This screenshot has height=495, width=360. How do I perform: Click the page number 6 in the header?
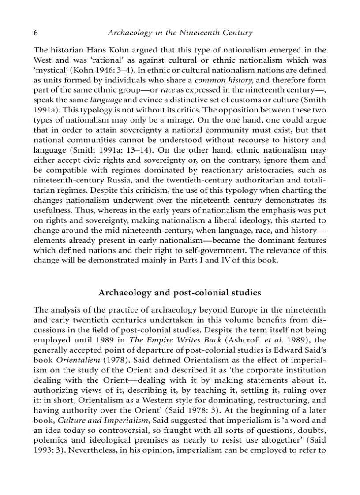click(36, 33)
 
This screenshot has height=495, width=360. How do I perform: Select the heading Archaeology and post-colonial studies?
click(180, 293)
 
